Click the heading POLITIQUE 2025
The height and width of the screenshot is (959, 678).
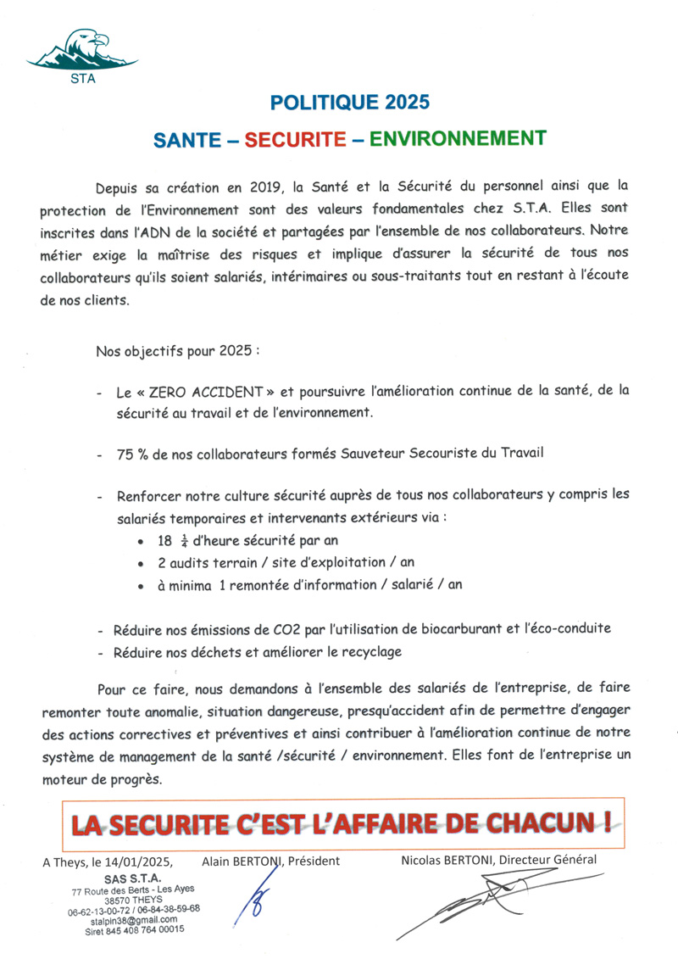(349, 103)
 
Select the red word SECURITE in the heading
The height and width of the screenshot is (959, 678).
(296, 139)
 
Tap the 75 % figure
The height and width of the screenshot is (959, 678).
(131, 454)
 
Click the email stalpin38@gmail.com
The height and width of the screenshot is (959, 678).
(136, 919)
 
